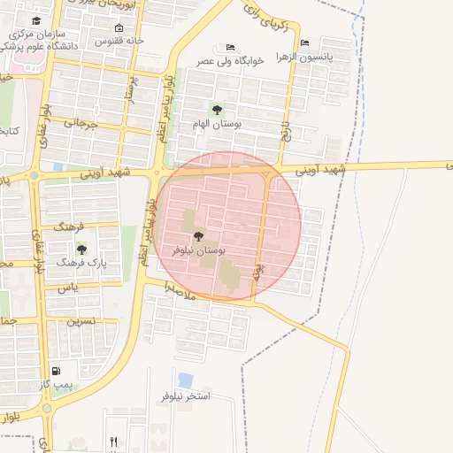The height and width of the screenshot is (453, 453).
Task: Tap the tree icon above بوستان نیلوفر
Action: point(197,236)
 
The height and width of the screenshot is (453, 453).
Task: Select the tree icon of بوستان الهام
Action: point(217,110)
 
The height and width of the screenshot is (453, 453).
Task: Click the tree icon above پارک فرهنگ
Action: point(81,250)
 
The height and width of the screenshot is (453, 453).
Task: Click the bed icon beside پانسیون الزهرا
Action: point(305,42)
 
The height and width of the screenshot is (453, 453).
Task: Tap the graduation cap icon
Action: point(35,20)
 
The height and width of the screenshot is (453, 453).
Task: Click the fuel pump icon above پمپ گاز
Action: point(58,371)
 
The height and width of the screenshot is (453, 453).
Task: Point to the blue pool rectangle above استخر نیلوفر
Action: point(186,380)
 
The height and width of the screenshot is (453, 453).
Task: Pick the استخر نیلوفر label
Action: point(185,395)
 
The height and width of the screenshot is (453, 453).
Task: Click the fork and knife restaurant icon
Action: point(113,441)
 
